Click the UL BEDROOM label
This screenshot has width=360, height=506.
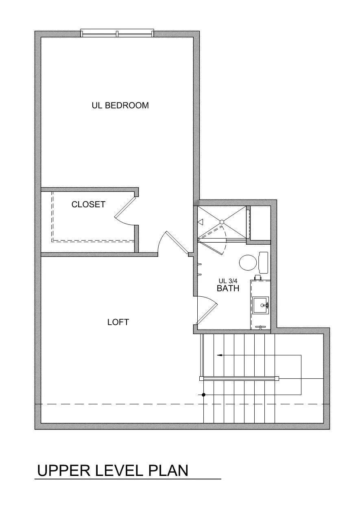(120, 106)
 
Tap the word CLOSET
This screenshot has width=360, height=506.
(88, 204)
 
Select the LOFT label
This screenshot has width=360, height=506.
(118, 322)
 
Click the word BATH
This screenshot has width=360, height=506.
(228, 288)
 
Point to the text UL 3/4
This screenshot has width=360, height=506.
(228, 281)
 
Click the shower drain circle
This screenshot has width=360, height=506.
(222, 222)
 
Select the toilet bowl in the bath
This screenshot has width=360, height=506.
(248, 263)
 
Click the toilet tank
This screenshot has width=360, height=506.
(263, 263)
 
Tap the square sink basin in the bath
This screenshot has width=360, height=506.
(260, 305)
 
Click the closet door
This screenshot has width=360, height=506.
(125, 207)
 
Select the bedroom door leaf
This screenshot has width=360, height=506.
(177, 242)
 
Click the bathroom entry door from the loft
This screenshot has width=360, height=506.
(207, 315)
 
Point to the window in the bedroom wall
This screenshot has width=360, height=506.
(118, 33)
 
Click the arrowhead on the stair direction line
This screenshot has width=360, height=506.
(219, 355)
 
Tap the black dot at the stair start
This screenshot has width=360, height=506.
(203, 395)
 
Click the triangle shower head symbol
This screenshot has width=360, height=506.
(201, 222)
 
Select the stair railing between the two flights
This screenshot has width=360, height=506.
(239, 378)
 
